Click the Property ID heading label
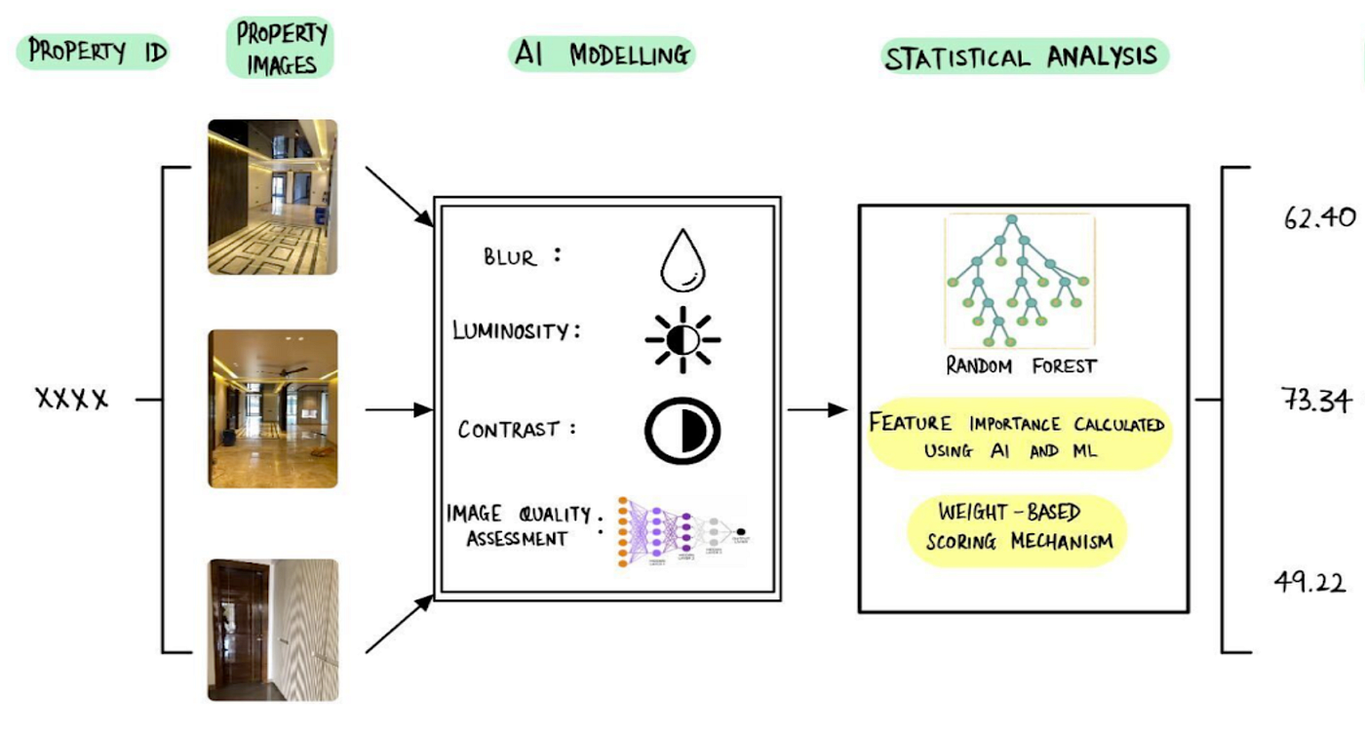tap(97, 52)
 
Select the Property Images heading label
tap(283, 49)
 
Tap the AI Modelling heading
tap(602, 55)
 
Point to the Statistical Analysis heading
tap(1023, 57)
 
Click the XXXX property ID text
tap(72, 400)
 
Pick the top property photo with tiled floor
tap(273, 197)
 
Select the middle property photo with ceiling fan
tap(273, 408)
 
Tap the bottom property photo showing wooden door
tap(273, 630)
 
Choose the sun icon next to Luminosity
tap(682, 340)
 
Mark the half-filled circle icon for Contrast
tap(682, 428)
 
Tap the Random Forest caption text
tap(1021, 366)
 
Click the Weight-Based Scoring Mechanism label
tap(1017, 525)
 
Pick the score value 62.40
tap(1319, 217)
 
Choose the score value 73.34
tap(1316, 400)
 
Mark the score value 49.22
tap(1310, 582)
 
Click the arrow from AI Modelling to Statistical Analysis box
tap(817, 410)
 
